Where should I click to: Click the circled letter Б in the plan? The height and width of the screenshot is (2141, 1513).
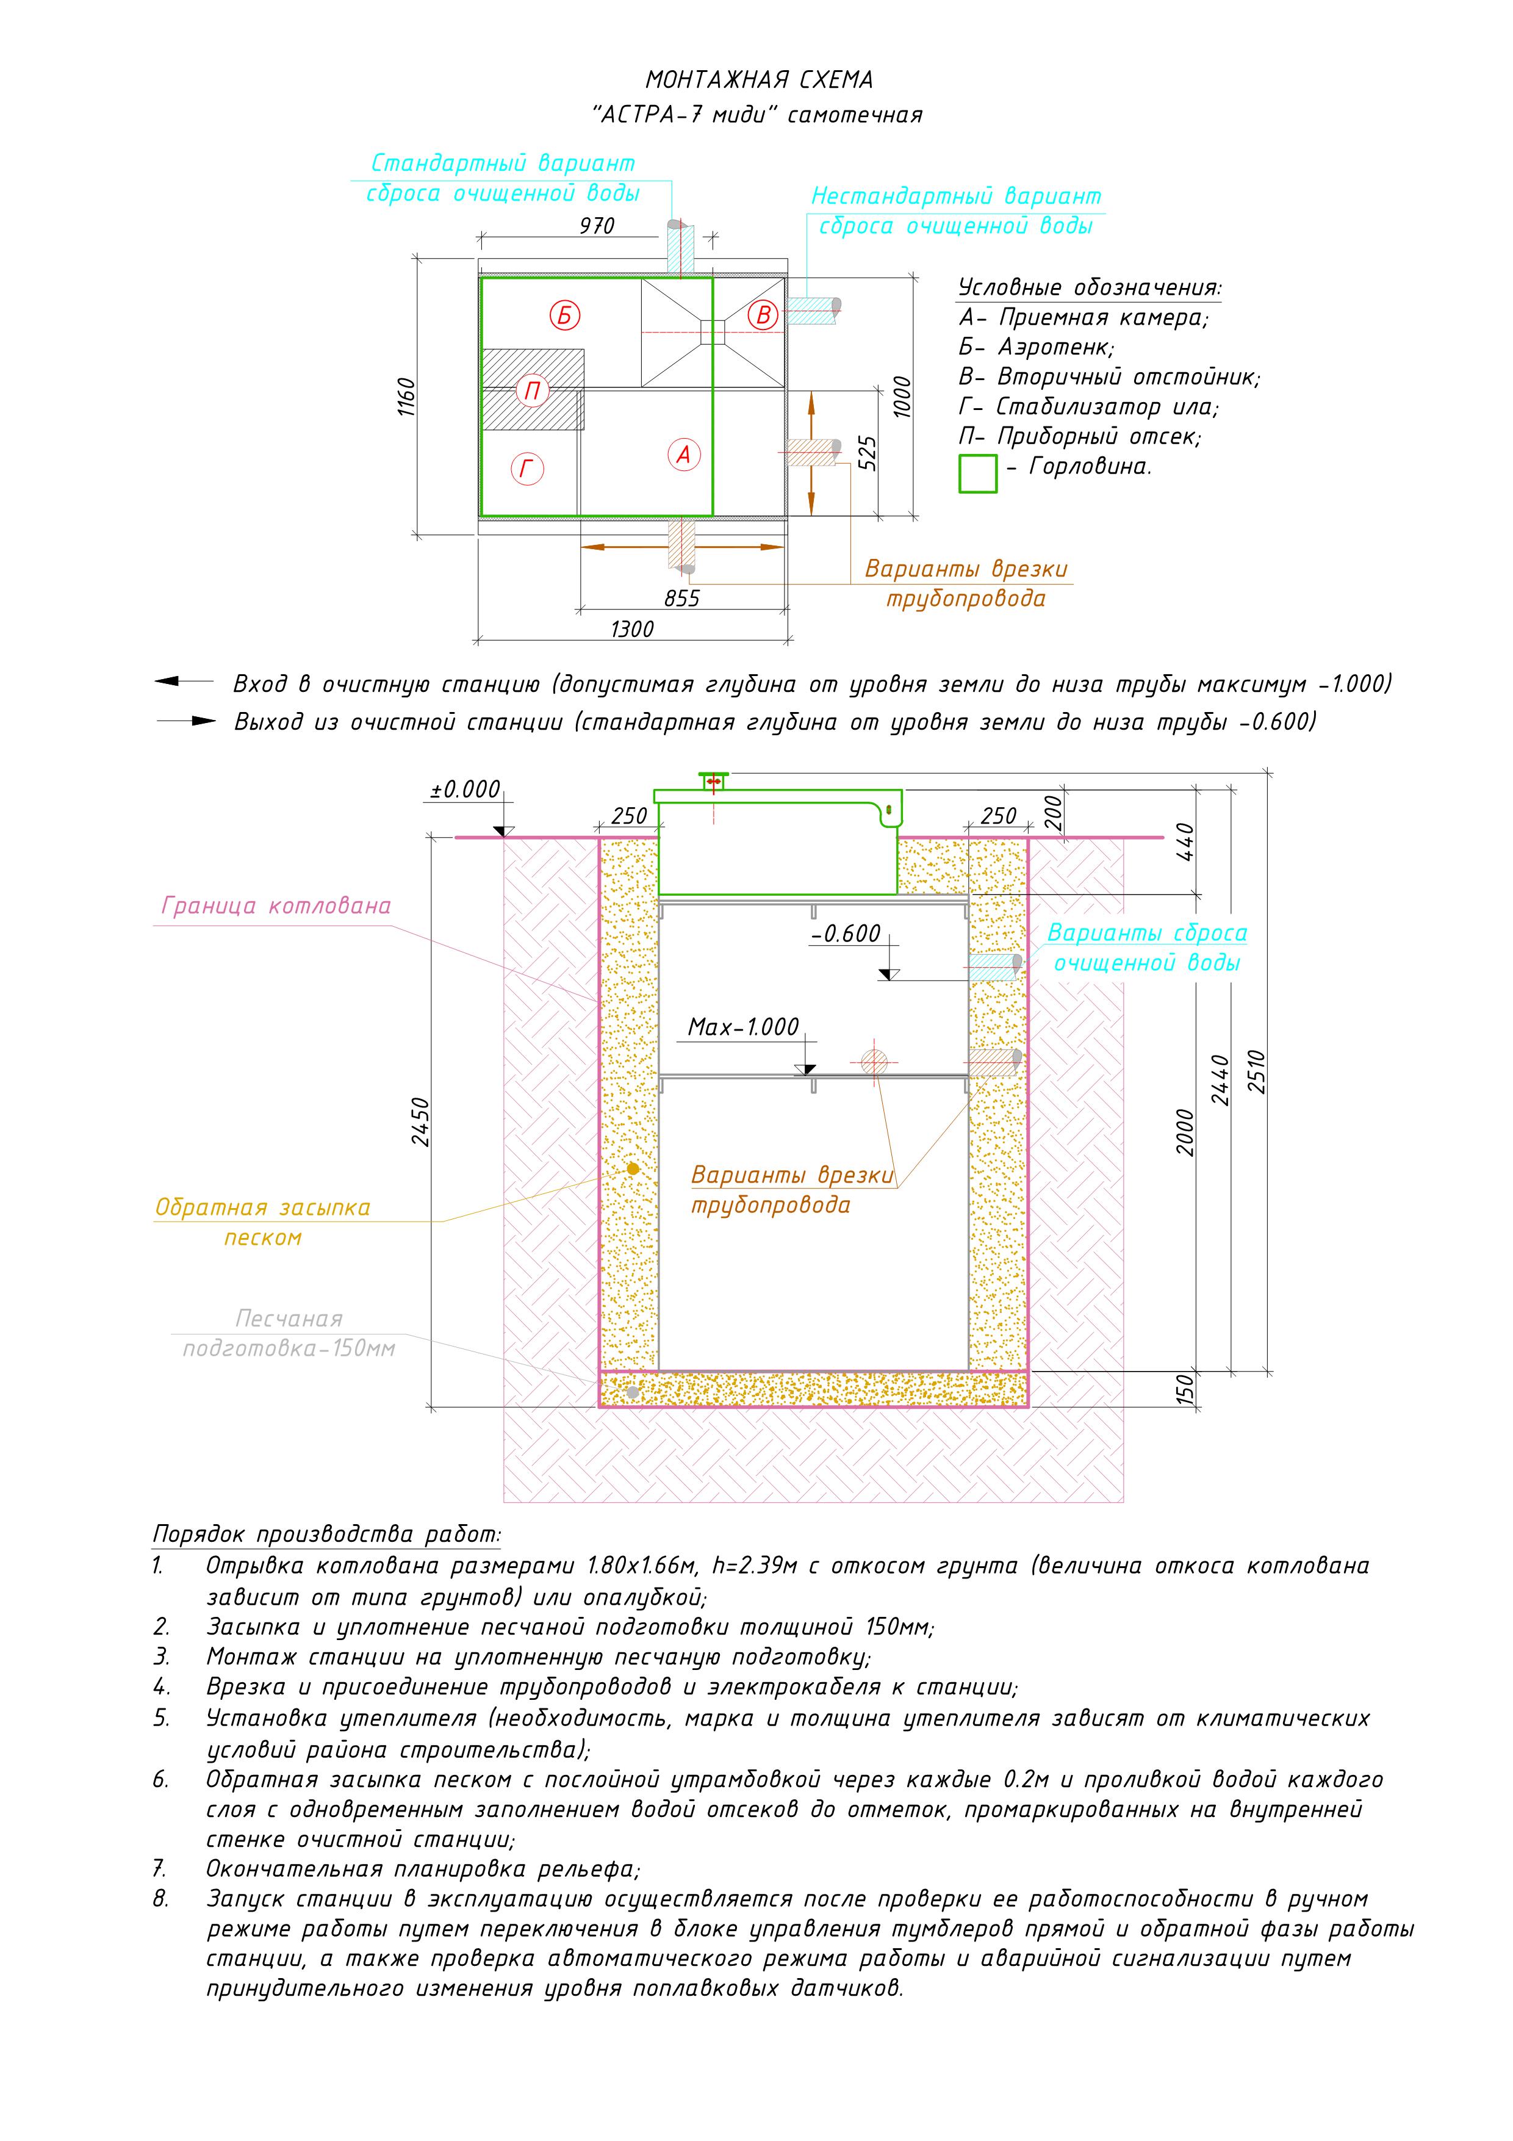(x=564, y=315)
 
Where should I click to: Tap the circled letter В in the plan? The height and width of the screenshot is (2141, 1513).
(x=763, y=315)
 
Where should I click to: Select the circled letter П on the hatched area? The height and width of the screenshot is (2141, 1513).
(x=533, y=390)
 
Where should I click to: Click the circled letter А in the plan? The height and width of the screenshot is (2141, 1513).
(x=683, y=455)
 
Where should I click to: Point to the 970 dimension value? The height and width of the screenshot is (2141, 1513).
(x=597, y=226)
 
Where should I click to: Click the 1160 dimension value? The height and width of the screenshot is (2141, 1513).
(x=406, y=397)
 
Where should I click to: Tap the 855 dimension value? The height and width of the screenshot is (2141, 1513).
(x=681, y=599)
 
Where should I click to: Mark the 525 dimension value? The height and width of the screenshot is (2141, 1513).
(x=867, y=453)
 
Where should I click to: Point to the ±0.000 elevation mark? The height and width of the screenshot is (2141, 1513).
(x=465, y=790)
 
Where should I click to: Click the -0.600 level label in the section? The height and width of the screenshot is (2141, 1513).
(x=846, y=934)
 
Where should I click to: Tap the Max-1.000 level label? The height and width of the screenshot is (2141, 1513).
(x=743, y=1027)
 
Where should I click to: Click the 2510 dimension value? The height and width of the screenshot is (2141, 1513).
(x=1256, y=1071)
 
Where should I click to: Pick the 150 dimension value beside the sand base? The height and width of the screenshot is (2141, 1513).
(x=1185, y=1389)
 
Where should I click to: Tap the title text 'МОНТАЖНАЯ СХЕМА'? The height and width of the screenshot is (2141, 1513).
(x=759, y=80)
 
